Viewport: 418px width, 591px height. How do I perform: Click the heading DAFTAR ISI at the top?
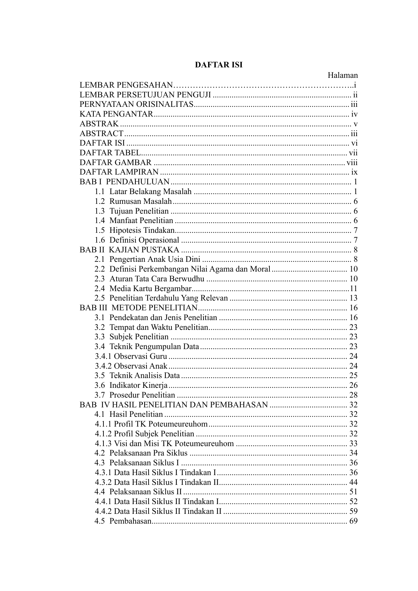[219, 65]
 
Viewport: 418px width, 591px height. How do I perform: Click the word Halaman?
[343, 75]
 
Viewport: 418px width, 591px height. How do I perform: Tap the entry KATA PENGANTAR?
[117, 114]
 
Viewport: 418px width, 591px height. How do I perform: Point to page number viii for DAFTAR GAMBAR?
[352, 163]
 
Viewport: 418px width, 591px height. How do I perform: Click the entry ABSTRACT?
[101, 134]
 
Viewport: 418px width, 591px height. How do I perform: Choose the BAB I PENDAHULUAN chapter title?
[125, 182]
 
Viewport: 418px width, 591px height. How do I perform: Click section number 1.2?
[100, 201]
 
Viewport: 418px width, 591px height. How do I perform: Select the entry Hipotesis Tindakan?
[142, 230]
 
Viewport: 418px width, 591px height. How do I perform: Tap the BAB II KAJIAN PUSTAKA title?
[129, 250]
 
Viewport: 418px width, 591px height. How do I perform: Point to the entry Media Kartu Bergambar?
[151, 288]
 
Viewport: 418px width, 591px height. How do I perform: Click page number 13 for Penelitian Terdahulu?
[353, 298]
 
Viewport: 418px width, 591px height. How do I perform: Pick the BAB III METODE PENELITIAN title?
[138, 308]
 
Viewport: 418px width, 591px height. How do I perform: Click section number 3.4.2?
[103, 366]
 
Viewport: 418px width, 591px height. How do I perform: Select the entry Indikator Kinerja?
[138, 385]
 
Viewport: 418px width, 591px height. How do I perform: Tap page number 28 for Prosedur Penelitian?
[353, 395]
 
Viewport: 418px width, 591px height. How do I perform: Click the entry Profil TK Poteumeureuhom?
[161, 424]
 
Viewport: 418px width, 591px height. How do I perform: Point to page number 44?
[353, 482]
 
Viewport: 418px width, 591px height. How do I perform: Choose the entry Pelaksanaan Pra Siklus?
[148, 453]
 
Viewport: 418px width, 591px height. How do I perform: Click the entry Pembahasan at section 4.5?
[131, 521]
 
